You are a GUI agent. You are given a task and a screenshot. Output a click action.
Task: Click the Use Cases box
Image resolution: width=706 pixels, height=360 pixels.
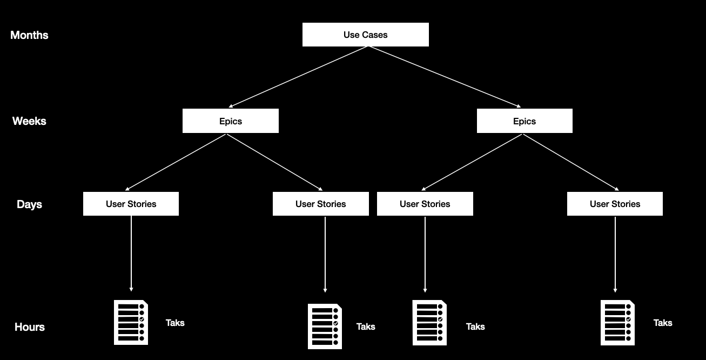tap(365, 35)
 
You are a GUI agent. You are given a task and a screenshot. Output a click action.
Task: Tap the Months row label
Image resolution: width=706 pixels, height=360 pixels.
tap(29, 35)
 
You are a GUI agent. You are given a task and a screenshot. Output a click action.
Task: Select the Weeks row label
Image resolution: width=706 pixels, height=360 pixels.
tap(29, 121)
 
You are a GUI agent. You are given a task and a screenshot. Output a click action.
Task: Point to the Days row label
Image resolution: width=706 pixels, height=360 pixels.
tap(29, 204)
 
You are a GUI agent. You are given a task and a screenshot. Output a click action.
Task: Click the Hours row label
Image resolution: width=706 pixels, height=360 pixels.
tap(29, 327)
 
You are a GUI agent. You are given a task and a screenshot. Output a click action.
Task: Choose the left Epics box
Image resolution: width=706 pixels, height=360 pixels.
tap(231, 121)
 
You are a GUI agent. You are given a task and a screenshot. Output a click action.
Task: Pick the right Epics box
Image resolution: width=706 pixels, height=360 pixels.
tap(525, 121)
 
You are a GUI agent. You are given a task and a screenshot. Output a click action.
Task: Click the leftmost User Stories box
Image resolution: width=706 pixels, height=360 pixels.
tap(131, 204)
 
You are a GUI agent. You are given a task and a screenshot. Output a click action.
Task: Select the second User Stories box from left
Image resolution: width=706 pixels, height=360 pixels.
tap(320, 204)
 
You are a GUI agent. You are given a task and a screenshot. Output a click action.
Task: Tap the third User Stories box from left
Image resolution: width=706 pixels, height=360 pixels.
tap(425, 204)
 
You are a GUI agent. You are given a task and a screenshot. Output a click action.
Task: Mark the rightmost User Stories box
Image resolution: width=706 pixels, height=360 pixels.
tap(615, 204)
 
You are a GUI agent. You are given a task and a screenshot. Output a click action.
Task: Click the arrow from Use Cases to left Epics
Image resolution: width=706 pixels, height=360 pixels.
tap(299, 77)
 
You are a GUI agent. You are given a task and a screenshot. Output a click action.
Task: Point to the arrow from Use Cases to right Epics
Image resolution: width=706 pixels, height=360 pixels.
tap(445, 77)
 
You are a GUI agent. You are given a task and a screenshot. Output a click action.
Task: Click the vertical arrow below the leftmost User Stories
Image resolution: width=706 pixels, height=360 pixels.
tap(131, 253)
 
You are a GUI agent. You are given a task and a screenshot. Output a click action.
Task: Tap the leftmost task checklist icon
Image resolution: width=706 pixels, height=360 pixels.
tap(131, 322)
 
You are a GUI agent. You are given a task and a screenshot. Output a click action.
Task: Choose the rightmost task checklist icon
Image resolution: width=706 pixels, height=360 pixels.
tap(617, 322)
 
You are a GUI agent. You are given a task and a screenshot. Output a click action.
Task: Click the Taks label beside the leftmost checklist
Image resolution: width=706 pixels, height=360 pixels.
tap(175, 323)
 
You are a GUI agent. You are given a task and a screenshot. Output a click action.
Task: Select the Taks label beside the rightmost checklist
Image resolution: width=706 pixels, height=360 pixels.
tap(663, 323)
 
